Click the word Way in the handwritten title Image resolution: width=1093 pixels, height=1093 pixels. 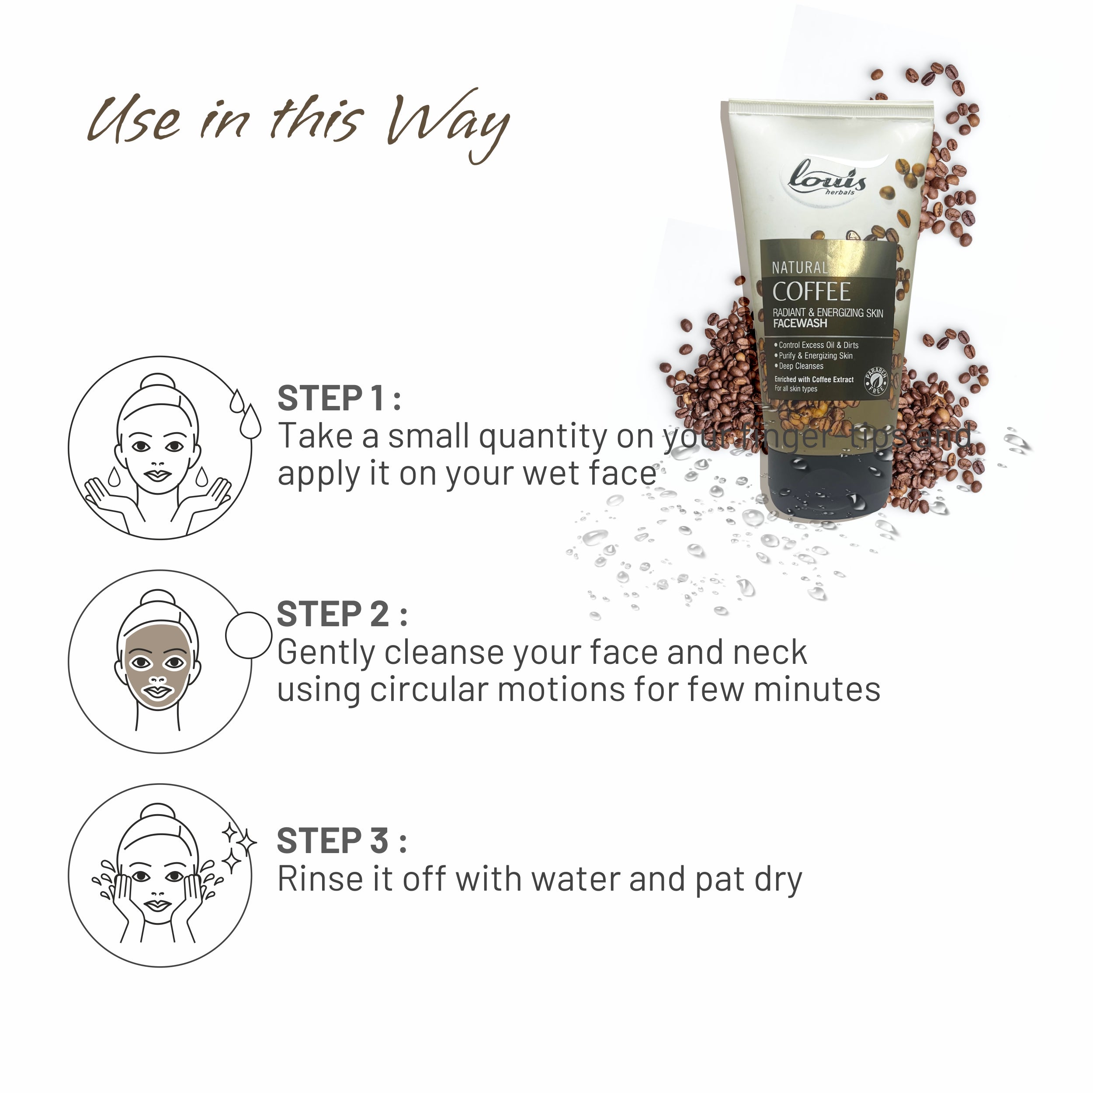447,125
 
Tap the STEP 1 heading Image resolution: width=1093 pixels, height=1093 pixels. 338,399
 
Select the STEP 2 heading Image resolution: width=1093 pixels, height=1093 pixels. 341,615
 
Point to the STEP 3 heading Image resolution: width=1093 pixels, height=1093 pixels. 341,841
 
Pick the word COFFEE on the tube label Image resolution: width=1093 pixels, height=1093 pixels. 811,292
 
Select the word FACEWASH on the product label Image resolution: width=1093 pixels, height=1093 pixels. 800,323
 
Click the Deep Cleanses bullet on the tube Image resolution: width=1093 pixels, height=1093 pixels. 801,366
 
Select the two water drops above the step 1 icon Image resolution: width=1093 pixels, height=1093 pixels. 245,413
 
